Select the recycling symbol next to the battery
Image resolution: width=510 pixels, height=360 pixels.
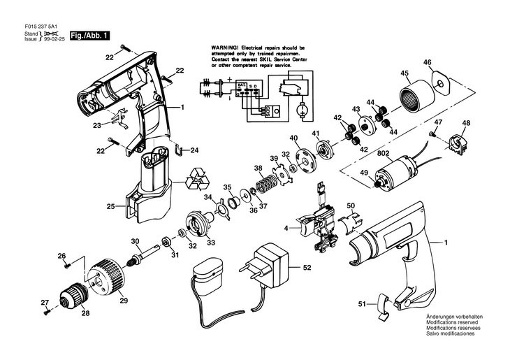click(x=199, y=181)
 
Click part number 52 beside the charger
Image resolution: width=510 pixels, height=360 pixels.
click(x=306, y=266)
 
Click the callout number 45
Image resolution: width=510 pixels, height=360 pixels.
click(x=405, y=73)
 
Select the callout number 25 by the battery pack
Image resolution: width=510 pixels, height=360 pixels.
click(x=110, y=206)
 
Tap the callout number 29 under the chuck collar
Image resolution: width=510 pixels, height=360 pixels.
click(x=123, y=300)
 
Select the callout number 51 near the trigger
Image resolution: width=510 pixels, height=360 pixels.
click(x=362, y=303)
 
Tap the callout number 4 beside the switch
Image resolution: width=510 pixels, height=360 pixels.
click(x=285, y=228)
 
